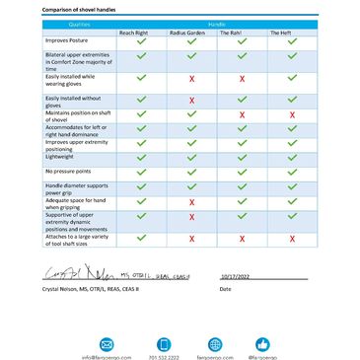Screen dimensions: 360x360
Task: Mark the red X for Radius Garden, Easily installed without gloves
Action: [x=191, y=100]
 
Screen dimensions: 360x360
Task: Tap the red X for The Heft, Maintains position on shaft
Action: [x=292, y=115]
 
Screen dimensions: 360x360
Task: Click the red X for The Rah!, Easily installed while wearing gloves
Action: [x=242, y=78]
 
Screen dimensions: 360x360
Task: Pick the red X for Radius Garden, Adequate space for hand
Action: [x=191, y=201]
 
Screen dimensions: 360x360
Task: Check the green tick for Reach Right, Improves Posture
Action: [x=141, y=42]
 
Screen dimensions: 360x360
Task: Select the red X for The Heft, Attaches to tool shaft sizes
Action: [x=292, y=239]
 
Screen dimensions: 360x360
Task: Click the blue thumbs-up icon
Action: [x=262, y=343]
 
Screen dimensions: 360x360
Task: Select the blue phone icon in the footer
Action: [x=159, y=343]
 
